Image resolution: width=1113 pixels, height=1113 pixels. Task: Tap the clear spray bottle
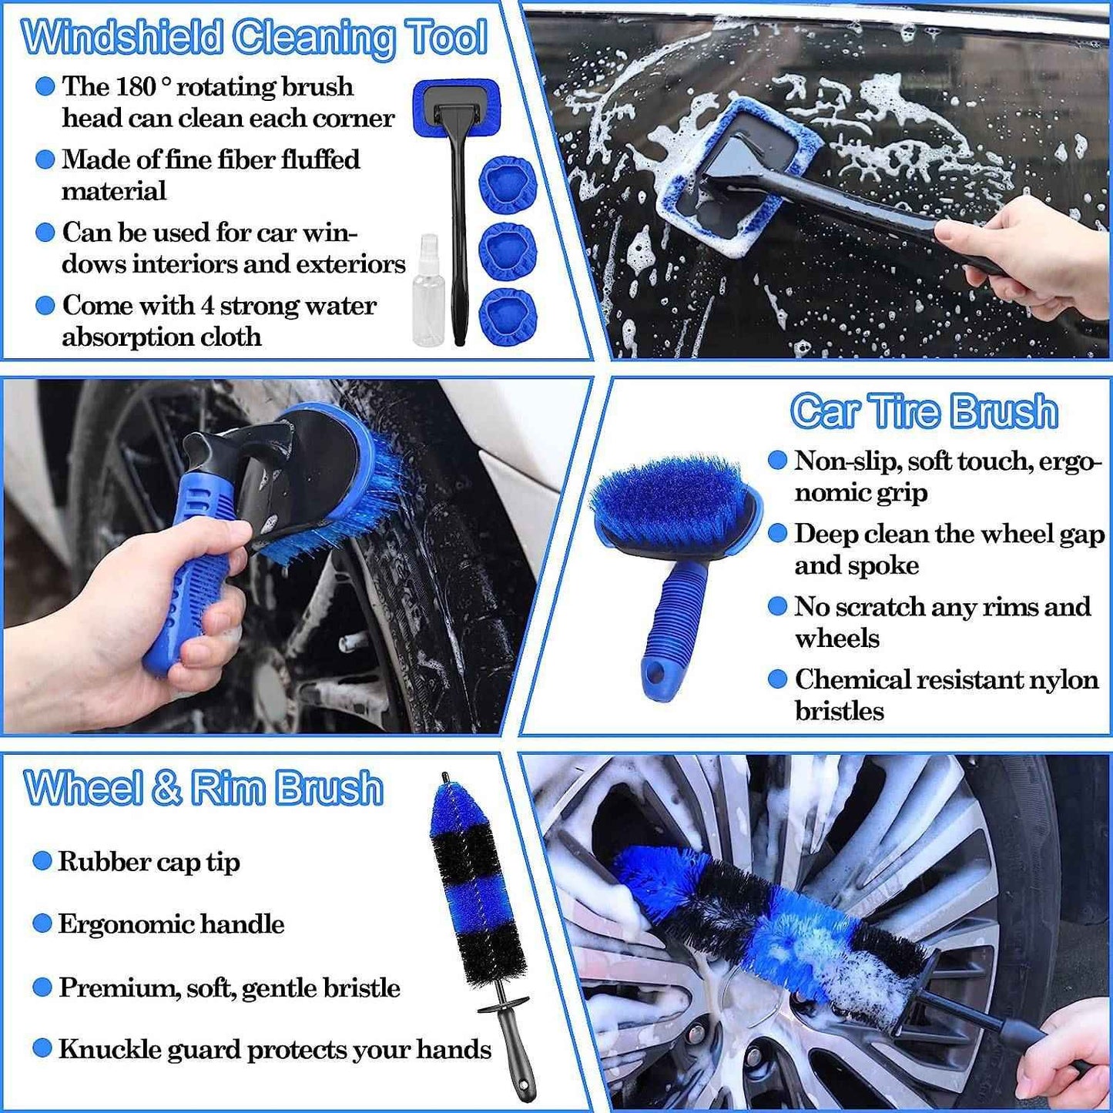pyautogui.click(x=428, y=297)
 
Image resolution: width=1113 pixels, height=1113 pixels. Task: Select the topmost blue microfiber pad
pyautogui.click(x=507, y=186)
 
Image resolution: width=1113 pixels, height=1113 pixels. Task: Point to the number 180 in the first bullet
pyautogui.click(x=136, y=86)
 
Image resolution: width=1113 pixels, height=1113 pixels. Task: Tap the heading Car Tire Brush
pyautogui.click(x=924, y=411)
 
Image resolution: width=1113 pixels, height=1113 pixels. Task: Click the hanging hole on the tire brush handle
pyautogui.click(x=655, y=675)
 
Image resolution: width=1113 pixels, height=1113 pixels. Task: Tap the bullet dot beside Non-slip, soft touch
pyautogui.click(x=777, y=461)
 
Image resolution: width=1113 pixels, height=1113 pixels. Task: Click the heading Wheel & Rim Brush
pyautogui.click(x=203, y=788)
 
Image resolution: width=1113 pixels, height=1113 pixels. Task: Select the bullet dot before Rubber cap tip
pyautogui.click(x=42, y=861)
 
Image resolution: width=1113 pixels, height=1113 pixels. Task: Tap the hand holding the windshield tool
pyautogui.click(x=1032, y=254)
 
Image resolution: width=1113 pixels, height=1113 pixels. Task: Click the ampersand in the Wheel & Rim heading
pyautogui.click(x=166, y=788)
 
